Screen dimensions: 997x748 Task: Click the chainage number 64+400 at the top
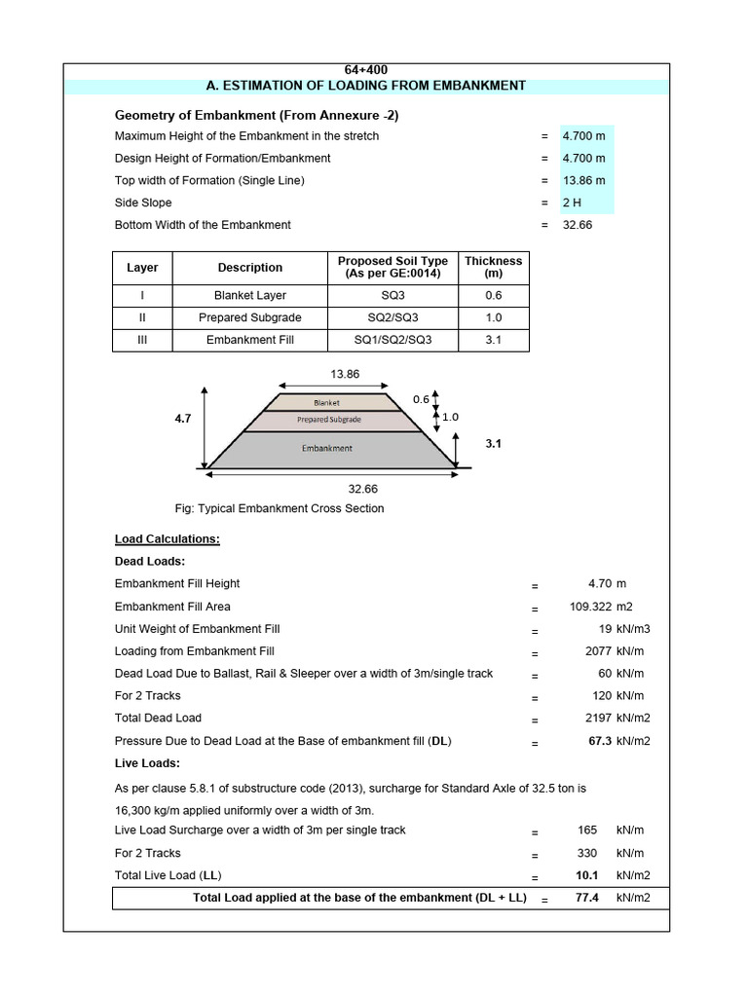(x=365, y=70)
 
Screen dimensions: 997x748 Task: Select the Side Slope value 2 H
(x=573, y=203)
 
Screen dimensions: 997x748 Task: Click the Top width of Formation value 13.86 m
(x=583, y=180)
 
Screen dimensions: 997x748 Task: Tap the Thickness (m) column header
(x=493, y=267)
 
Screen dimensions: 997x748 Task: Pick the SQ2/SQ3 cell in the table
(x=393, y=317)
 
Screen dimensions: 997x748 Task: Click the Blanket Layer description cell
(x=249, y=295)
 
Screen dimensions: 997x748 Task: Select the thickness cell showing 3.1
(x=493, y=340)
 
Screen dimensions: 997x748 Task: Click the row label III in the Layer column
(x=142, y=340)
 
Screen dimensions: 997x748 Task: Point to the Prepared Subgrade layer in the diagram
(x=328, y=420)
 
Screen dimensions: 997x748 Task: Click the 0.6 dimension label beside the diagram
(x=421, y=399)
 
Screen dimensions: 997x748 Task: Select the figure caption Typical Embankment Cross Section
(x=279, y=508)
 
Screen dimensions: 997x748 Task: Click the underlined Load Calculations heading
(x=167, y=538)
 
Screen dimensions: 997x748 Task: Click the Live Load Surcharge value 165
(x=588, y=831)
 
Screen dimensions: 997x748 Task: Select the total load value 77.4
(x=586, y=897)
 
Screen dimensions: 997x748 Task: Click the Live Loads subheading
(x=147, y=763)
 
